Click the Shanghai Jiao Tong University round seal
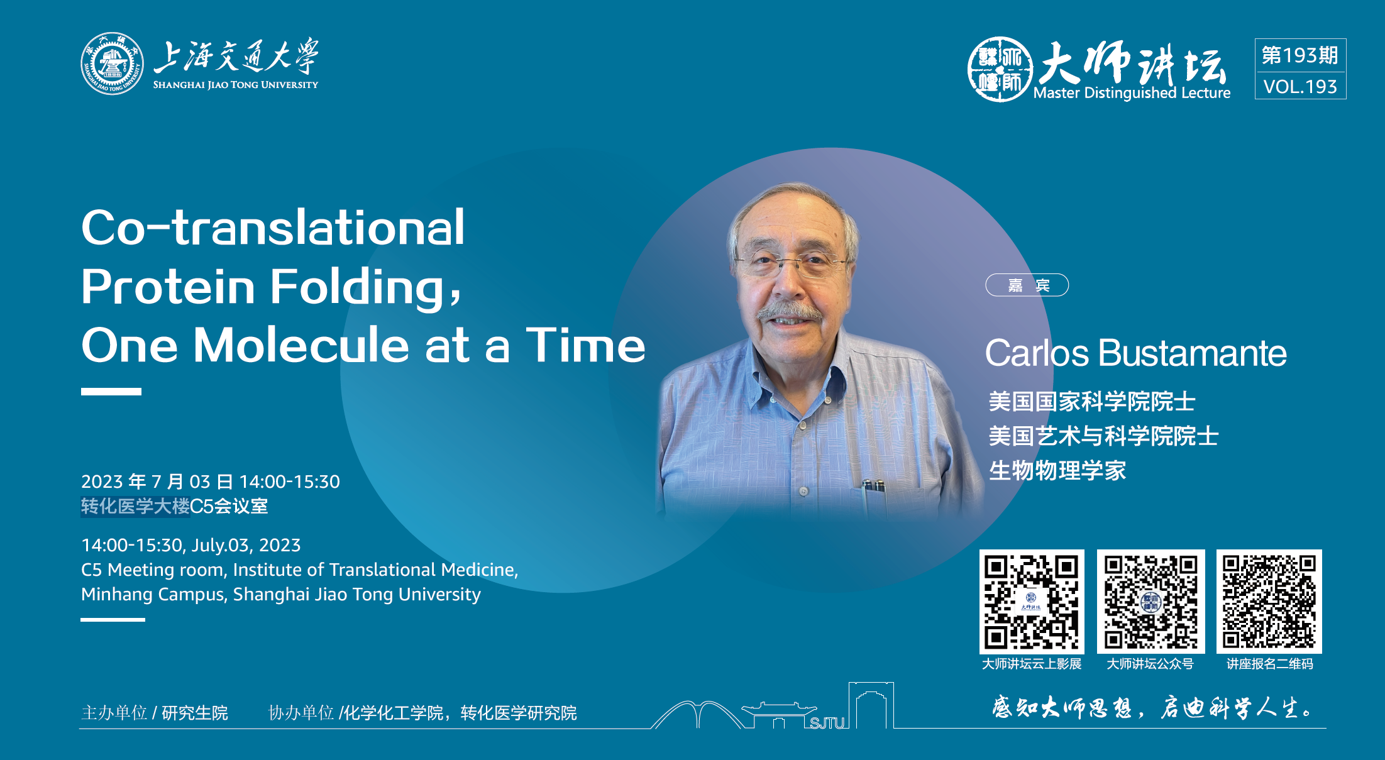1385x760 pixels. (x=112, y=63)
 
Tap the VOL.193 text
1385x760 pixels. (x=1300, y=87)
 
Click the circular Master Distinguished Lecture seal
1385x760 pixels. (x=1000, y=69)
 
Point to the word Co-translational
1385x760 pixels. (x=273, y=227)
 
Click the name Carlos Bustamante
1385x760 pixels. (x=1135, y=353)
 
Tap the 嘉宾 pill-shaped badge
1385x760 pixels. (x=1027, y=285)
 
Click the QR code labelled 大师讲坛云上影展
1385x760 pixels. (x=1032, y=602)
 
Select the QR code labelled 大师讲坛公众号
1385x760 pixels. (x=1150, y=602)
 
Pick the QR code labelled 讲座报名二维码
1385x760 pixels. (x=1269, y=602)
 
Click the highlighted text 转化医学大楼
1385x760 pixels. (x=135, y=506)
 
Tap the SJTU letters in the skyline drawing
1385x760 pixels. (x=827, y=723)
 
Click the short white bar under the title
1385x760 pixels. (x=111, y=392)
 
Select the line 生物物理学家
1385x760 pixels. (x=1057, y=470)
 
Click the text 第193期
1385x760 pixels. (x=1300, y=55)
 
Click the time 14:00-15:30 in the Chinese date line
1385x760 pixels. (x=290, y=482)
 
